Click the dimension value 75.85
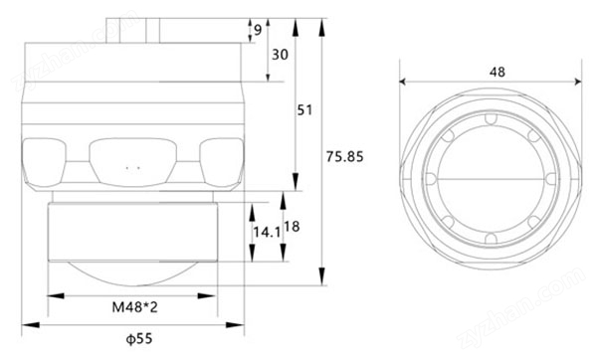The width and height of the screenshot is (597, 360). (x=344, y=156)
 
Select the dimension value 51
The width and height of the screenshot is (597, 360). (x=304, y=110)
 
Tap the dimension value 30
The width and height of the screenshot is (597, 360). (x=280, y=55)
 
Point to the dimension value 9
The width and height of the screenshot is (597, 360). (x=258, y=30)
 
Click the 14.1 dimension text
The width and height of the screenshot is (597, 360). (x=267, y=232)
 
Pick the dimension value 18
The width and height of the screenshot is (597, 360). (x=292, y=227)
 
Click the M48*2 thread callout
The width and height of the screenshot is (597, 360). (x=134, y=307)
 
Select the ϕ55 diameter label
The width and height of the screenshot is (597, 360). (x=139, y=338)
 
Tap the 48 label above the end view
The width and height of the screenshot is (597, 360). (x=497, y=72)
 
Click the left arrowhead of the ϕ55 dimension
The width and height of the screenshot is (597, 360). (x=31, y=325)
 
